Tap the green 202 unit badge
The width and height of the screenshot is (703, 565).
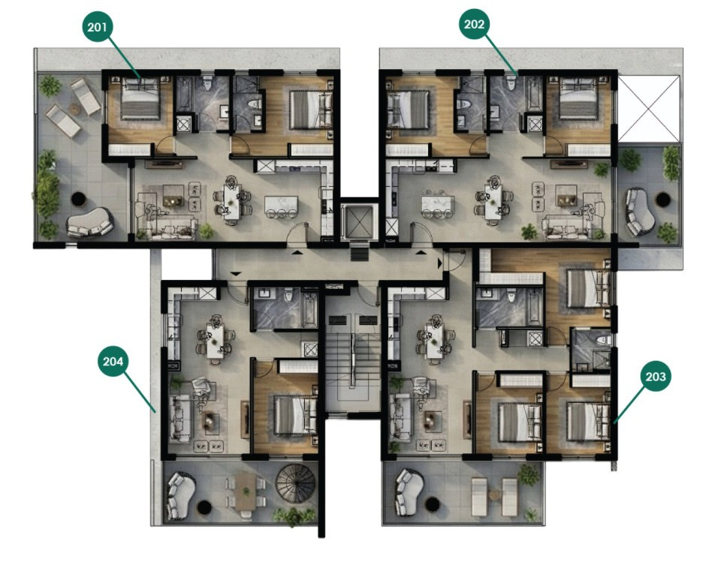pos(474,25)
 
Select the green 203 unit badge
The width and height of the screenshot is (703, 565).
pos(655,377)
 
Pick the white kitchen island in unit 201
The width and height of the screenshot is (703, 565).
pos(280,203)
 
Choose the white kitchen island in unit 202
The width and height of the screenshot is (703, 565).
pos(438,203)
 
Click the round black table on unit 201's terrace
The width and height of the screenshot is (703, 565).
pos(77,199)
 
